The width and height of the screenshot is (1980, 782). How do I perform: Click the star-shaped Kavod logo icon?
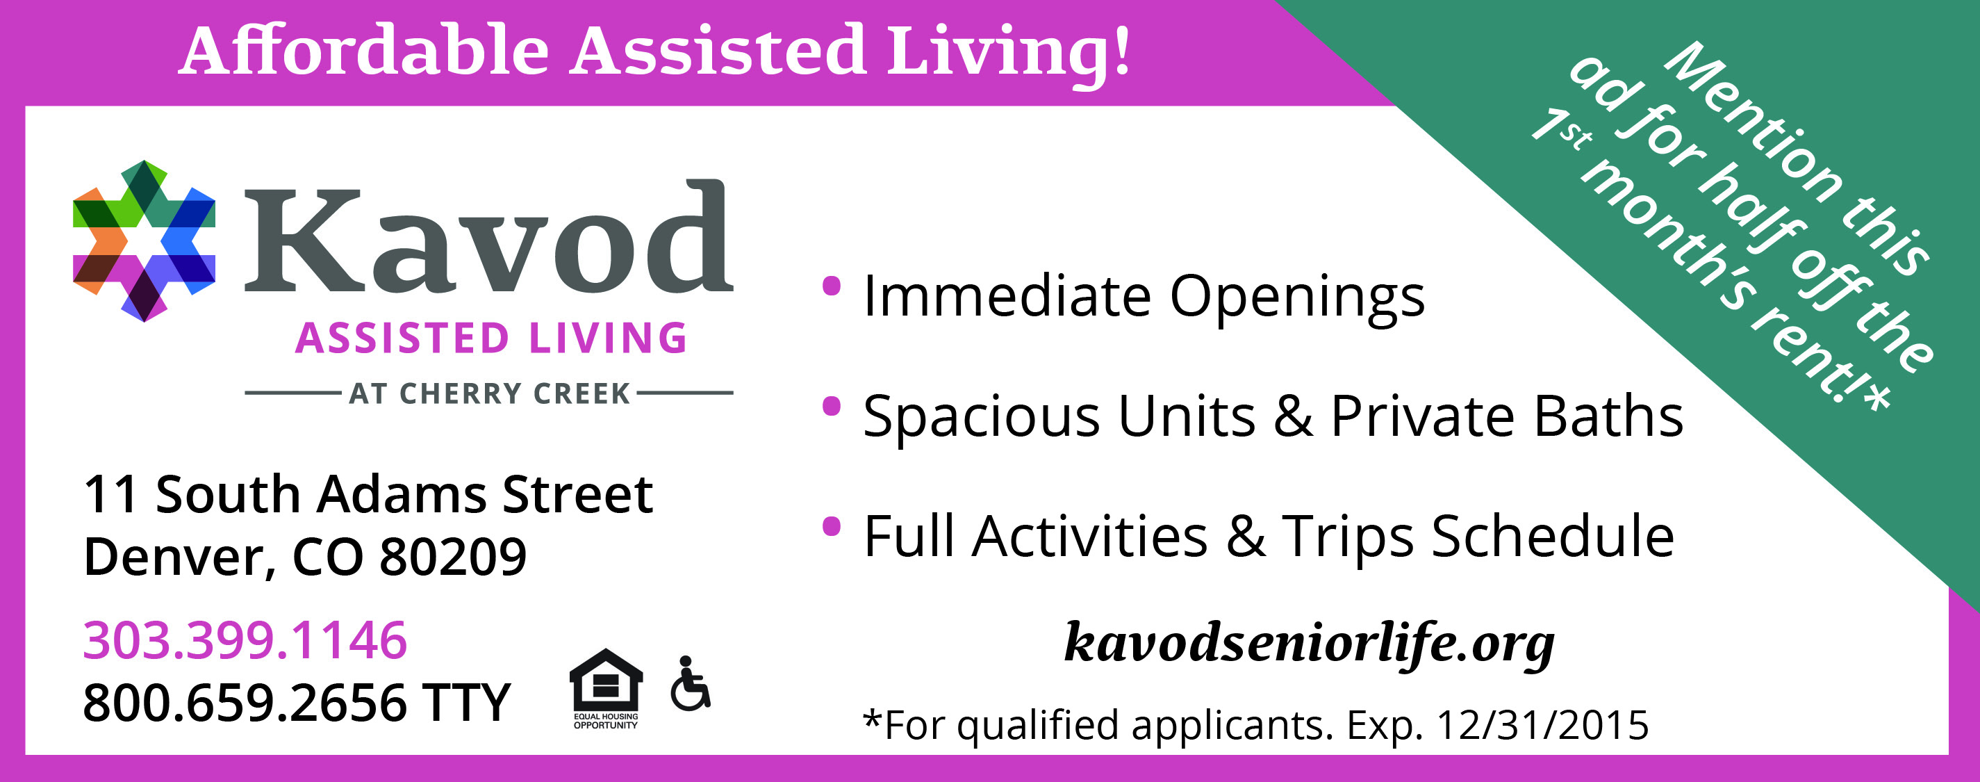click(x=144, y=241)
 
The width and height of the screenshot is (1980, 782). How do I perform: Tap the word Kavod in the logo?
click(x=489, y=236)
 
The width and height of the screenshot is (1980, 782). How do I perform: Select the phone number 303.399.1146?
click(x=245, y=640)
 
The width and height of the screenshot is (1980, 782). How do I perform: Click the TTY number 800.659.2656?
click(x=245, y=702)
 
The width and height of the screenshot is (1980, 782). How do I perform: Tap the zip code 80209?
click(x=453, y=556)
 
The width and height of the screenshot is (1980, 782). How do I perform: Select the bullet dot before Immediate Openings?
click(x=832, y=286)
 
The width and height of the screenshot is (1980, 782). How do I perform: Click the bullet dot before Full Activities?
click(x=832, y=527)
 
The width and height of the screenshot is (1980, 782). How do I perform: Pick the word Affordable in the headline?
click(x=364, y=51)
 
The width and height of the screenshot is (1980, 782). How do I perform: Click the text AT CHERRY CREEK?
click(x=490, y=393)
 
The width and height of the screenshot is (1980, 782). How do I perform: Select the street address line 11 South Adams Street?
click(x=368, y=494)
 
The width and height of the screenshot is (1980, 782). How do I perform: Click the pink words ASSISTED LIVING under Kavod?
click(x=492, y=339)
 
